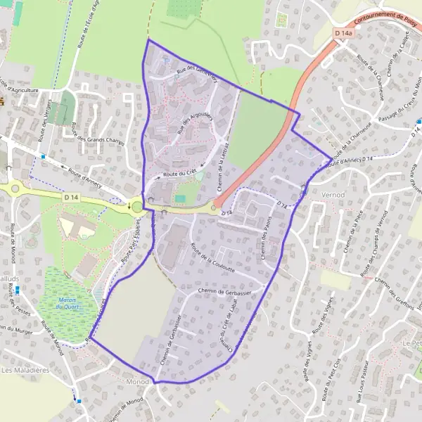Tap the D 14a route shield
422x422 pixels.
344,33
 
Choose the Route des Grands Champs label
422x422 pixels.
98,141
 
